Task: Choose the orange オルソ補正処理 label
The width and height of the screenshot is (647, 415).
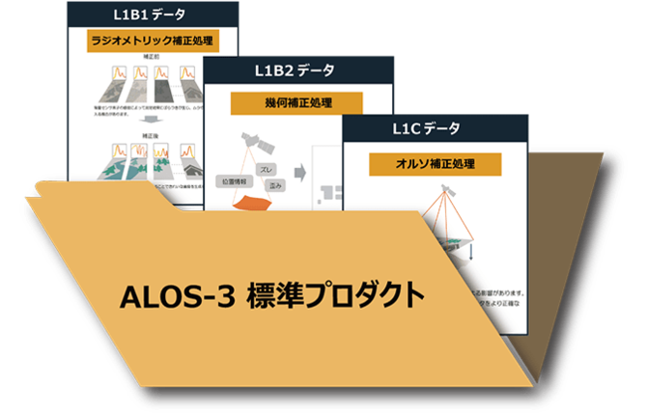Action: [435, 163]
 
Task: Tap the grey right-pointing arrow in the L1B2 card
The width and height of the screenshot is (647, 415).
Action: [299, 172]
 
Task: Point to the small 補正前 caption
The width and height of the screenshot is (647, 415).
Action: [150, 57]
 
